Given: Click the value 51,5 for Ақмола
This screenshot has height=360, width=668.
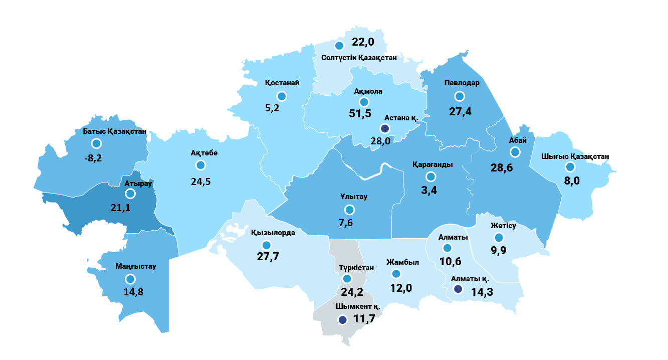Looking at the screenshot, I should click(x=360, y=113).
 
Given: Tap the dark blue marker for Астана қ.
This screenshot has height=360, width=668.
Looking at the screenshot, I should click(x=385, y=129).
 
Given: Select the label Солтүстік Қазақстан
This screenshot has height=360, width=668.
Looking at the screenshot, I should click(x=359, y=58).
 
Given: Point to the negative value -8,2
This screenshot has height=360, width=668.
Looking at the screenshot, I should click(x=93, y=158).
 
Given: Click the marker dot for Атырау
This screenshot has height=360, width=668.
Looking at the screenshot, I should click(x=130, y=194).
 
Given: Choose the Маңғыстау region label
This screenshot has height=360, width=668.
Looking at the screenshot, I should click(x=135, y=266).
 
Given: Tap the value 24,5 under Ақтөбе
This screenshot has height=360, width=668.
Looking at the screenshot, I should click(x=201, y=181).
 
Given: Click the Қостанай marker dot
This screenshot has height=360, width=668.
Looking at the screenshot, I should click(x=282, y=96).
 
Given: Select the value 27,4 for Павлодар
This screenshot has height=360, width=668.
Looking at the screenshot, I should click(x=460, y=111).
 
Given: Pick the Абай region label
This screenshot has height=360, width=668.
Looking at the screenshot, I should click(x=514, y=141).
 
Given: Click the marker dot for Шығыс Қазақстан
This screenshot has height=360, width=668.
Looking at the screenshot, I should click(x=570, y=167).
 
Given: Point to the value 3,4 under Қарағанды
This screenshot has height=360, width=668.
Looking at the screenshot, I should click(x=429, y=191).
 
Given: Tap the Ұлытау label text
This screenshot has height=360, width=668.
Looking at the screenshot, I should click(x=353, y=197).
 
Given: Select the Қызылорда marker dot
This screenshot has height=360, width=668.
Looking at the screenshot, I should click(x=266, y=245).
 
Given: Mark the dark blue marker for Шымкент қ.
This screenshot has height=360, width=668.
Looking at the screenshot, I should click(x=342, y=319).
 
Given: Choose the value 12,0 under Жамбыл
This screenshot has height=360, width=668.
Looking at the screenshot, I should click(x=401, y=288).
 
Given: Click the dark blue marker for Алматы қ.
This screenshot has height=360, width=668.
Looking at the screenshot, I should click(x=458, y=289).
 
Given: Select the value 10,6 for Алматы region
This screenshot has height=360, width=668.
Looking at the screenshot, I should click(x=450, y=261).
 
